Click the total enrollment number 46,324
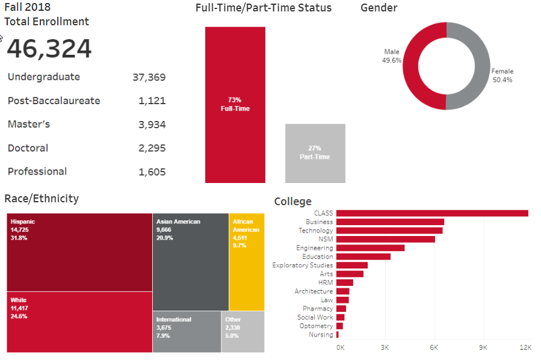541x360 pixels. pyautogui.click(x=49, y=49)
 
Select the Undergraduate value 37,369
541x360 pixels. pyautogui.click(x=149, y=77)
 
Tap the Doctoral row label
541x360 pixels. pyautogui.click(x=28, y=148)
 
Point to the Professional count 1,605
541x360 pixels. pyautogui.click(x=152, y=172)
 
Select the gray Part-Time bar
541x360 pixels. pyautogui.click(x=315, y=153)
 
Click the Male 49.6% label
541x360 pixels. pyautogui.click(x=392, y=56)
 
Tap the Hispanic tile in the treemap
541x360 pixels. pyautogui.click(x=79, y=252)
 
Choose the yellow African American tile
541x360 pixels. pyautogui.click(x=246, y=261)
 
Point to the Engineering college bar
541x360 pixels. pyautogui.click(x=370, y=248)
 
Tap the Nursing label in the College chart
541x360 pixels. pyautogui.click(x=321, y=335)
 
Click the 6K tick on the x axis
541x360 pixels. pyautogui.click(x=433, y=347)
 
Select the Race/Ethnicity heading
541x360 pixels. pyautogui.click(x=42, y=199)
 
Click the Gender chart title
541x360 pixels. pyautogui.click(x=379, y=8)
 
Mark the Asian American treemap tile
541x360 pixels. pyautogui.click(x=191, y=261)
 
